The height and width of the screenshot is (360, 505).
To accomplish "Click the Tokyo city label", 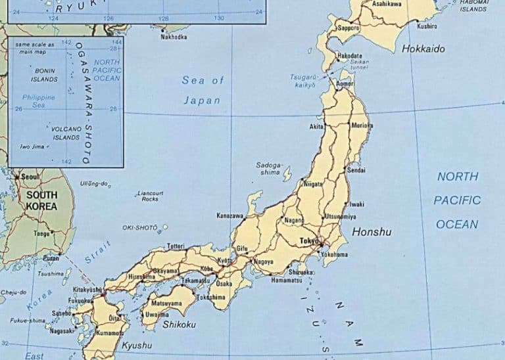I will coord(308,240).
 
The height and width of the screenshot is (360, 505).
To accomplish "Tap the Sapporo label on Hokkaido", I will coord(349,28).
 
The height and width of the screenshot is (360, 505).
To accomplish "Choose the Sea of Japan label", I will coord(203,90).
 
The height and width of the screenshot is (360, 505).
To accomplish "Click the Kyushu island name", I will coord(137,346).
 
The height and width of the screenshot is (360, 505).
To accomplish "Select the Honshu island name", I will coord(372,232).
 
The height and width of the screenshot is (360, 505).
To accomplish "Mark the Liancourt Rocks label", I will coord(151,196).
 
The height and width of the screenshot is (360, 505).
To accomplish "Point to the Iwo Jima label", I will coord(32,146).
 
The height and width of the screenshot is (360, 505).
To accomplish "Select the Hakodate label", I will coord(349,56).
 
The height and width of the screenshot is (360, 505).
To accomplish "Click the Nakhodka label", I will coord(174,37).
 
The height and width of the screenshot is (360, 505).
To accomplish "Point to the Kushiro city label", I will coord(427,26).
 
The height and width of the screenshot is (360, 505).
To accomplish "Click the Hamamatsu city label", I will coord(286,280).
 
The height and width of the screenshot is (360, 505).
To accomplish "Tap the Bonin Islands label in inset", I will coord(45,75).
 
